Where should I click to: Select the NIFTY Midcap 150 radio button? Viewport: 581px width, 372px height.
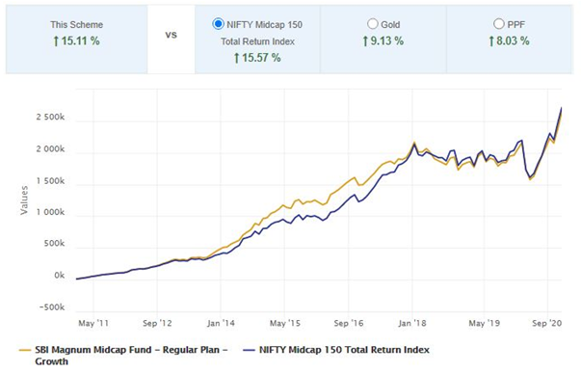point(218,23)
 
